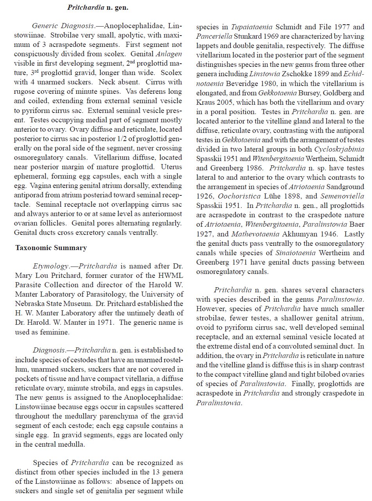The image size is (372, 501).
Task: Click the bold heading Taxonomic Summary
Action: pos(51,248)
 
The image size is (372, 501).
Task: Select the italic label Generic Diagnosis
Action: pos(63,26)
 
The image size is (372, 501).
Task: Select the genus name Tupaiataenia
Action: pos(253,27)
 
